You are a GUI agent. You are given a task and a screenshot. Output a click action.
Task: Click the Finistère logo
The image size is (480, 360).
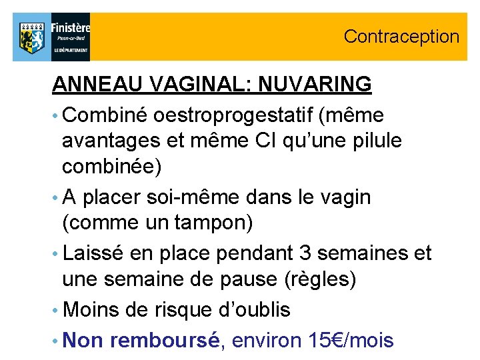tap(51, 37)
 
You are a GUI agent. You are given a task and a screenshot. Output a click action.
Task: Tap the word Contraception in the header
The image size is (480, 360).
tap(401, 37)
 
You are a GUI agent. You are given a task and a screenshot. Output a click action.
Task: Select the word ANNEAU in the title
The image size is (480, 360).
tap(91, 85)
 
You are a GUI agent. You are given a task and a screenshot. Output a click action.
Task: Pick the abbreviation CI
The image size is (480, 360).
tap(261, 142)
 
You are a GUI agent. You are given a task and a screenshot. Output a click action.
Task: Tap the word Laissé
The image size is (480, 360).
tap(96, 253)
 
